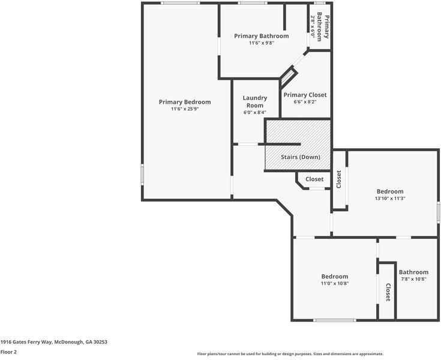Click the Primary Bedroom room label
pos(185,102)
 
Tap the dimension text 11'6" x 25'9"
pos(185,109)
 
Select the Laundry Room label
pos(254,101)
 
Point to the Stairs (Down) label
pos(301,157)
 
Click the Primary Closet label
pos(305,95)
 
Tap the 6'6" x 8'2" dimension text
pos(305,102)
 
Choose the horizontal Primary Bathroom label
pos(261,36)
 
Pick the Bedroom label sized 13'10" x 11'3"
pos(389,191)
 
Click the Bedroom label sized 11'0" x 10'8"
pos(334,277)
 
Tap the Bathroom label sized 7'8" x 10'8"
pos(413,272)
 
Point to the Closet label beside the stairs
pos(314,179)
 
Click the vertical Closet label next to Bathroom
pos(388,292)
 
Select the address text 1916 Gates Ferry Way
pos(53,341)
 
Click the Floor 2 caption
pos(8,352)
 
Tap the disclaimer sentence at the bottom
pos(290,354)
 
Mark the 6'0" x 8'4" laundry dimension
pos(254,112)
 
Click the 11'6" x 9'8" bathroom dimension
pos(261,43)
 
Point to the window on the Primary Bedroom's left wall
pos(142,175)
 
